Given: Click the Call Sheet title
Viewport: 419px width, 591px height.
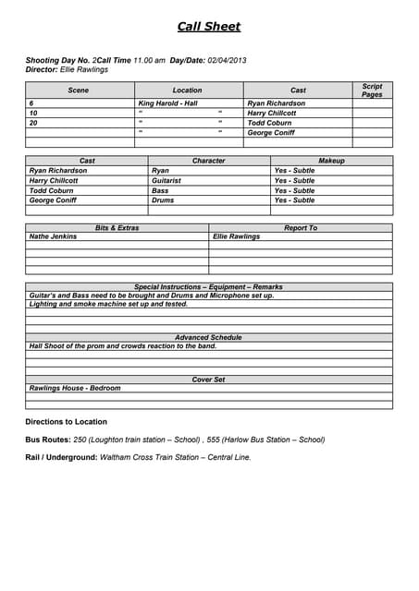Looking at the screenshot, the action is coord(209,27).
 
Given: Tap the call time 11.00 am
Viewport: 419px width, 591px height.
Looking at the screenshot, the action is coord(149,60).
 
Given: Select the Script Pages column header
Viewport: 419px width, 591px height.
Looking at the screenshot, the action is coord(372,90).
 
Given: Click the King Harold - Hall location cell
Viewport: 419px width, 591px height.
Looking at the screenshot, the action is coord(167,103).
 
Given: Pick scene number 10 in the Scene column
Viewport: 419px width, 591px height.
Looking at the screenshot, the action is coord(33,113).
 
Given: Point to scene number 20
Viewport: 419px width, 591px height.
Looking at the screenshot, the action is coord(33,123).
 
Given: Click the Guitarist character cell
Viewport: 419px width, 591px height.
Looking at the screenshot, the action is coord(166,181).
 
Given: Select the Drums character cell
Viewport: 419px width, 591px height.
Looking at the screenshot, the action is coord(163,200).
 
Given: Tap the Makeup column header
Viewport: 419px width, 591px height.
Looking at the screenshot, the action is coord(331,161).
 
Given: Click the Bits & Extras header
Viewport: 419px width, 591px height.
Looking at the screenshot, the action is coord(117,227).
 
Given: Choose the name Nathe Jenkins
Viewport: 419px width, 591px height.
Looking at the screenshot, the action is coord(54,236).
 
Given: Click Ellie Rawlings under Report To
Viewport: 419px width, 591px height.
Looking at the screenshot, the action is coord(237,236).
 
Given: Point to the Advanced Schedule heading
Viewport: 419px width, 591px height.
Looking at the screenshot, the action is coord(208,338).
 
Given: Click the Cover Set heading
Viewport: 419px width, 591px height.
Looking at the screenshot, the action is coord(208,380).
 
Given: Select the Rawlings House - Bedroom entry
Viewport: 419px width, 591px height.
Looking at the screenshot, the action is coord(75,388).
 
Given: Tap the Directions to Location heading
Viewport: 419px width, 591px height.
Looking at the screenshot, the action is coord(66,422).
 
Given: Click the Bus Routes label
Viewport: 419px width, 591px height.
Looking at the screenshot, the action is coord(48,440).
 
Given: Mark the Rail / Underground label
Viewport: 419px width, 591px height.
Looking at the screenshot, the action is coord(60,457).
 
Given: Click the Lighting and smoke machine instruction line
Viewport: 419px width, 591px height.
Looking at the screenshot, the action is coord(108,304).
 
